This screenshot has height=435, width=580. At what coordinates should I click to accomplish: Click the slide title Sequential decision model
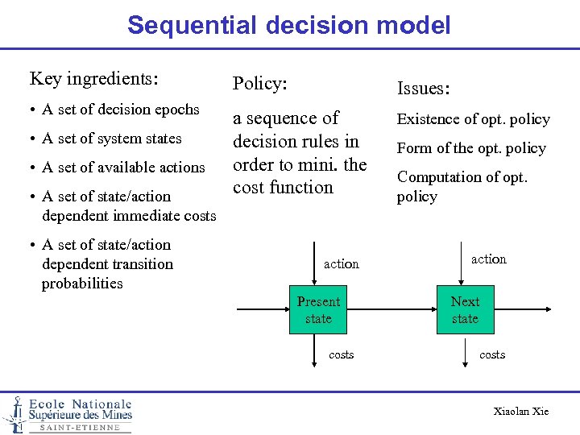[288, 25]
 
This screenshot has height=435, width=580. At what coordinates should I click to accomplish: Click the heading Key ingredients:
[93, 79]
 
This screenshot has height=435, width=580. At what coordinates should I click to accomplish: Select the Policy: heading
[259, 84]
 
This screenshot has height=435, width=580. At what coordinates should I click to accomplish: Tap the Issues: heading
[423, 88]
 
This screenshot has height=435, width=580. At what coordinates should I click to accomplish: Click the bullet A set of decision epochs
[121, 110]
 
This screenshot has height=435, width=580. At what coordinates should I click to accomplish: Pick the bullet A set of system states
[112, 139]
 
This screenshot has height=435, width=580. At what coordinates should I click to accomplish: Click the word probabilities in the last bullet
[82, 284]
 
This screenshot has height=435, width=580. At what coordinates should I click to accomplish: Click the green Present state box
[318, 310]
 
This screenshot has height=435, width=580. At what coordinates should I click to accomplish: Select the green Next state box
[465, 310]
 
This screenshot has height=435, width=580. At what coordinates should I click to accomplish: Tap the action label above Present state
[342, 264]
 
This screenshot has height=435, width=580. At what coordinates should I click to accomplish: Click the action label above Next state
[489, 259]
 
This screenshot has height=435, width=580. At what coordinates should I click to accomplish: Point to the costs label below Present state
[342, 354]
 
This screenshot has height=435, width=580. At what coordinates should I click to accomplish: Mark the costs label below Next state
[492, 354]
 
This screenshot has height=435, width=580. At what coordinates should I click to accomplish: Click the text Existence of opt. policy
[473, 120]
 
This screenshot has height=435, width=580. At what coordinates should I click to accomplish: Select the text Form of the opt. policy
[471, 148]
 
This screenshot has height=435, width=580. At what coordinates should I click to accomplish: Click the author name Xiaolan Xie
[520, 412]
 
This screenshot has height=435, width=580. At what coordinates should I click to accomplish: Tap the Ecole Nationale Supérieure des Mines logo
[68, 414]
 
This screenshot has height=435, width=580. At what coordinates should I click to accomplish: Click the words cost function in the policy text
[283, 188]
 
